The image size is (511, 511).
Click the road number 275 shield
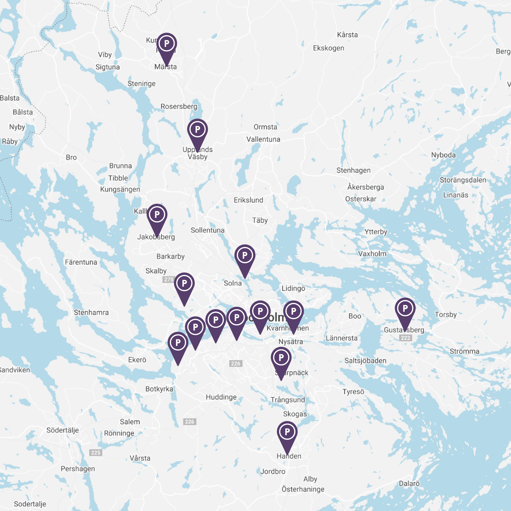coord(168,280)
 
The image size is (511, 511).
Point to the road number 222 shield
coord(405,338)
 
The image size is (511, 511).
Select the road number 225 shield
coord(96,452)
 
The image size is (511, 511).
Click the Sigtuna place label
coord(108,67)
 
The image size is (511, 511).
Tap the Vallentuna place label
coord(263,140)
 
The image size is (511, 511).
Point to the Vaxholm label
coord(372,254)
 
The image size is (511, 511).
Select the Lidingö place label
coord(293,288)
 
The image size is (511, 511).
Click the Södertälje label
coord(63,430)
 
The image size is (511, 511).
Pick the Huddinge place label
coord(221,397)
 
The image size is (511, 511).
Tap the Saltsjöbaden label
coord(365,361)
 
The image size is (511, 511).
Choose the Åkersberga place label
coord(366,187)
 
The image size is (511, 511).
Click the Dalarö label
coord(409,484)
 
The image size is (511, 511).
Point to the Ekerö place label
coord(137,360)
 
